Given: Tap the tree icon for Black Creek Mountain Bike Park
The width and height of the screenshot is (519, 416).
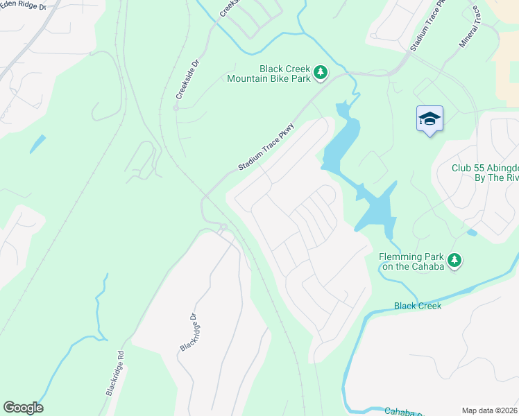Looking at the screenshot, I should point(320,71).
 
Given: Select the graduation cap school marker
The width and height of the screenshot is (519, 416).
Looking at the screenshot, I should point(429,119).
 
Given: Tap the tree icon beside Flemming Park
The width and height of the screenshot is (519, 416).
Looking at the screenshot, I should point(454,261).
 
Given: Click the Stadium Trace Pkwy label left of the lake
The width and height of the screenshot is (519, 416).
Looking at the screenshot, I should point(266,148).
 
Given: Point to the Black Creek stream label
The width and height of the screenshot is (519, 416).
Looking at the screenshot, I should point(417,306).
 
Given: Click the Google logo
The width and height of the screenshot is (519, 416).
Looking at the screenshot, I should point(23,408).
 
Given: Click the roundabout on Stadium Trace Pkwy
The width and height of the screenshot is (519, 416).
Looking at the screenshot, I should point(223,227).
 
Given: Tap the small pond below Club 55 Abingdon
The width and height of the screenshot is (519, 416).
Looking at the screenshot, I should point(472,232).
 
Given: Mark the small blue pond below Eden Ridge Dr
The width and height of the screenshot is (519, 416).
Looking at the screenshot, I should point(37,144).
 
